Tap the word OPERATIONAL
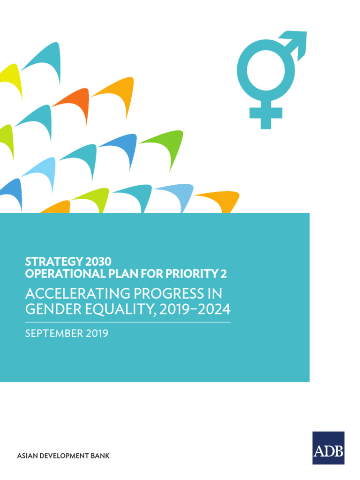59,273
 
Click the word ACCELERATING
76,294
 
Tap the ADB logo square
328,448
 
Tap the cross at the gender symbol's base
266,113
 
